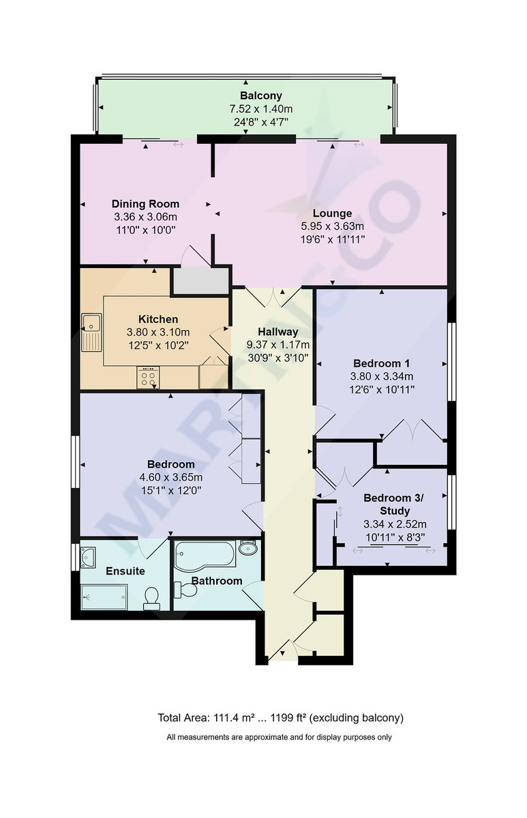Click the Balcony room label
[260, 96]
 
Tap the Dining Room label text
[145, 204]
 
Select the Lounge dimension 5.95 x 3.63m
[332, 226]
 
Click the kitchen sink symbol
[91, 330]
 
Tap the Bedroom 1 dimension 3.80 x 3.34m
[382, 376]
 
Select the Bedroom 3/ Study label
[393, 504]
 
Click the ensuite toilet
[151, 599]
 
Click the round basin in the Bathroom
[247, 549]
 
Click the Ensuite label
[125, 571]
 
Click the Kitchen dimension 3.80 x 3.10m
[158, 332]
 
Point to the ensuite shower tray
[104, 599]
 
